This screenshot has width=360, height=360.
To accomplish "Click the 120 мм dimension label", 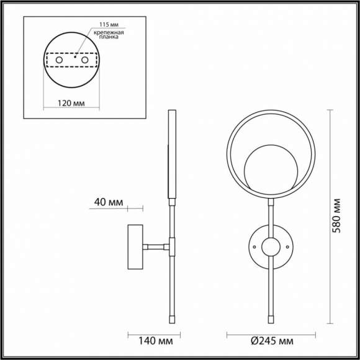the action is point(71,104).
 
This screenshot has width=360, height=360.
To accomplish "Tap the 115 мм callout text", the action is point(109,25).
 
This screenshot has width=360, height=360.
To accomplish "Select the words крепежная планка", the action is point(109,35).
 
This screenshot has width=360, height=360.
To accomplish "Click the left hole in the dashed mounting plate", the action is point(59,60).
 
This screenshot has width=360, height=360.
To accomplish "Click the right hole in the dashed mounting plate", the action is point(84,60).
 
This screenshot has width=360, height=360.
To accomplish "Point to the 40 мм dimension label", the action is point(109,202).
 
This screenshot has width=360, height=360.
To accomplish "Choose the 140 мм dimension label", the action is point(156,341).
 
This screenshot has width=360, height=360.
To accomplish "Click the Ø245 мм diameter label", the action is point(272,341).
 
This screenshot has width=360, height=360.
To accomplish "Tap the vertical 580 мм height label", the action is point(336,216).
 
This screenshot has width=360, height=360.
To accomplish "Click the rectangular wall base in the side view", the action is point(135,247).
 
